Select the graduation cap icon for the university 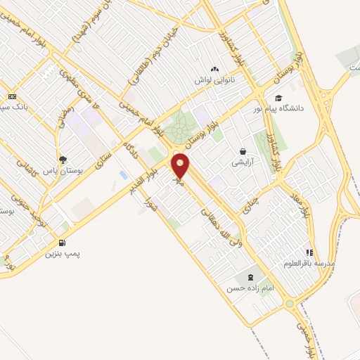pos(279,98)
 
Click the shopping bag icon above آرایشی pos(243,151)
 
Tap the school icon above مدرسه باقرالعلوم pos(309,252)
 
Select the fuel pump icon pos(63,243)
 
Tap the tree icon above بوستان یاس pos(63,160)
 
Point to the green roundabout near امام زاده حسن pos(289,304)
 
